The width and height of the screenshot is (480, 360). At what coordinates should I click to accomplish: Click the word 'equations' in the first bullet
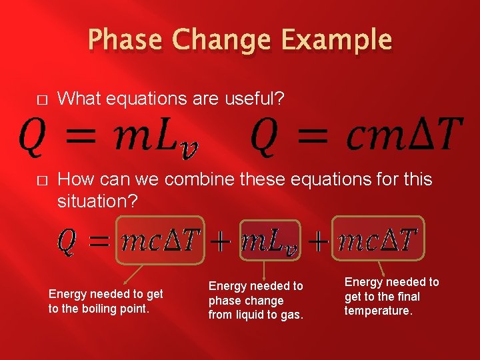[137, 99]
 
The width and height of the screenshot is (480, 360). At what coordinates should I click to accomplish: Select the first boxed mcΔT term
[159, 240]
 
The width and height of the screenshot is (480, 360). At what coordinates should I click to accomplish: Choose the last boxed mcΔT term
[377, 239]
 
